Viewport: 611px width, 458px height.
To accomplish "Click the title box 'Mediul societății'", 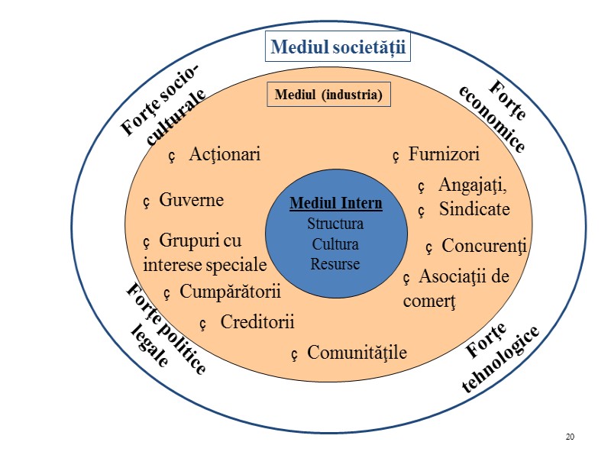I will pos(338,49).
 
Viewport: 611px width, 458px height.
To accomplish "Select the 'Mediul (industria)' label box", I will pos(328,95).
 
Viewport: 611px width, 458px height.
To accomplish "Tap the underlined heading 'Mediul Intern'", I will pos(335,205).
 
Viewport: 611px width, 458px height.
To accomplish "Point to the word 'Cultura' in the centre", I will pos(335,244).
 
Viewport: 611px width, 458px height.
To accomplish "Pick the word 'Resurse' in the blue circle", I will pos(335,264).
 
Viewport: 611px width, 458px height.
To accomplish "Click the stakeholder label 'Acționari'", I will pos(225,155).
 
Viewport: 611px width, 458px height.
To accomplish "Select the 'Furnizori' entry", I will pos(444,155).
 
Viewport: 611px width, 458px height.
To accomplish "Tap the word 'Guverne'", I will pos(191,201).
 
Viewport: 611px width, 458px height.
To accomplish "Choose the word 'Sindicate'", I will pos(474,208).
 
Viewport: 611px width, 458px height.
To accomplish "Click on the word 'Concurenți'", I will pos(485,247).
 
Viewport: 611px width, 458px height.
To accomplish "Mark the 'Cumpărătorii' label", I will pos(231,292).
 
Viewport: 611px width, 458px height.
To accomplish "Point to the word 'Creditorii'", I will pos(257,322).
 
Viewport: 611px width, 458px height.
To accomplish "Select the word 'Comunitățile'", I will pos(357,353).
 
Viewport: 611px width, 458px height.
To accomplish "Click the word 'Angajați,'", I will pos(473,185).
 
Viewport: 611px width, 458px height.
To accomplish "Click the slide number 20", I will pos(570,436).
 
